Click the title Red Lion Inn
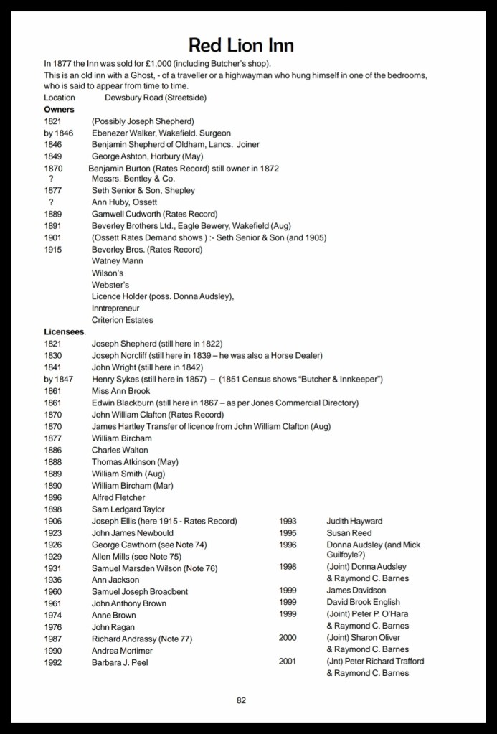[x=241, y=46]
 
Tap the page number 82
[x=241, y=700]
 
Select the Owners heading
[x=59, y=110]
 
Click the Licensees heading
[x=64, y=332]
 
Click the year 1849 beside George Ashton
[x=52, y=156]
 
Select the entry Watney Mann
[x=117, y=261]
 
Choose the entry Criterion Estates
[x=122, y=320]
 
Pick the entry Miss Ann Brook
[x=120, y=391]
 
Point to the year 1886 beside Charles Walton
[x=52, y=450]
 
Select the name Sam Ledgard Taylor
[x=128, y=509]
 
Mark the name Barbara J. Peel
[x=120, y=662]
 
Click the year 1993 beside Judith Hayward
[x=288, y=521]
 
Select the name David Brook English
[x=363, y=602]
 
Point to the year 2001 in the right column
[x=288, y=661]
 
